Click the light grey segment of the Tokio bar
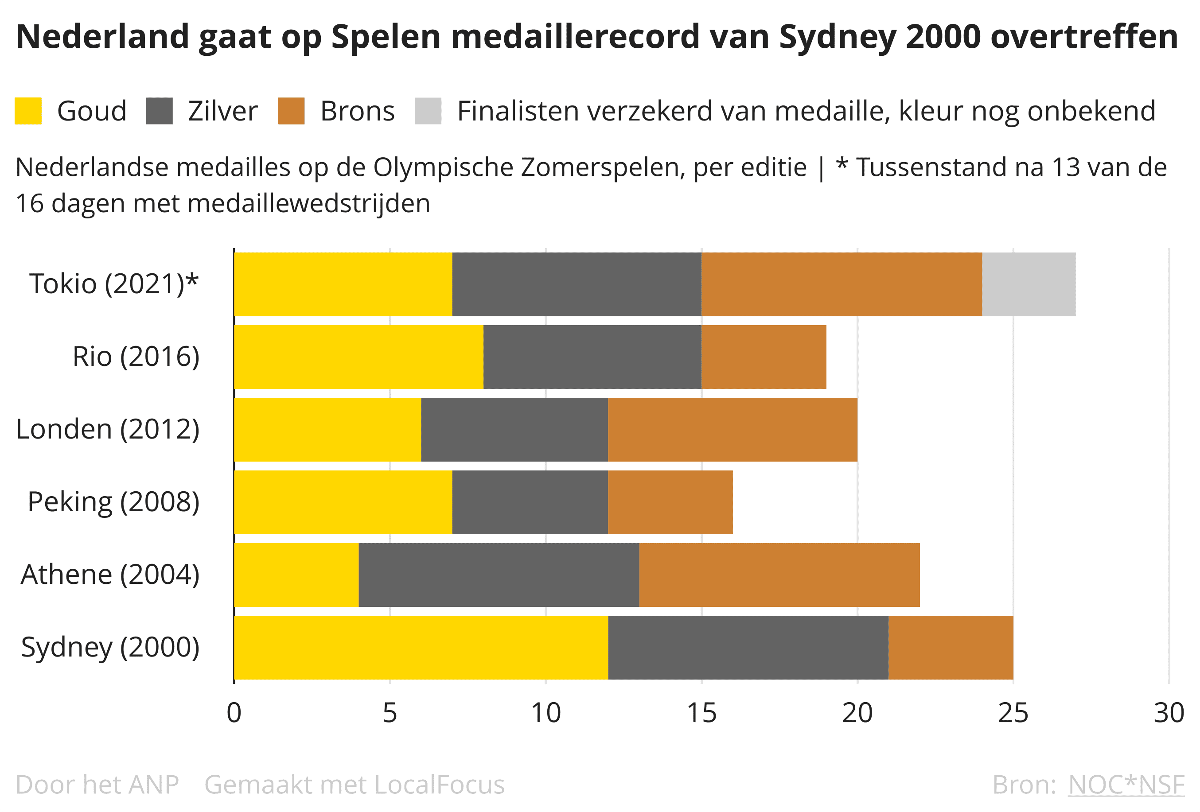1029,284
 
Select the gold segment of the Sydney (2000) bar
421,647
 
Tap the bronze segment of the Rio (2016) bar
764,357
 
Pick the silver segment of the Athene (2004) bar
499,575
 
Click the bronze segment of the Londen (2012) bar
732,430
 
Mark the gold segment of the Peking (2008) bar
343,502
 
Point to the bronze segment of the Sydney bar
951,647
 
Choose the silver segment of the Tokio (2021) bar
577,284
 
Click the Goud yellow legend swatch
28,111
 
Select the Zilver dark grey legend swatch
159,111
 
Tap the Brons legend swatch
291,111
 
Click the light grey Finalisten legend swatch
428,111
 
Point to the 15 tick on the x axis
701,713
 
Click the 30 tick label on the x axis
1169,713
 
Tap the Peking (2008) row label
113,502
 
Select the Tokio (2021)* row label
113,284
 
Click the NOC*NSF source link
1126,785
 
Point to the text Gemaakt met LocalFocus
354,785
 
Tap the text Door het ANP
97,785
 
